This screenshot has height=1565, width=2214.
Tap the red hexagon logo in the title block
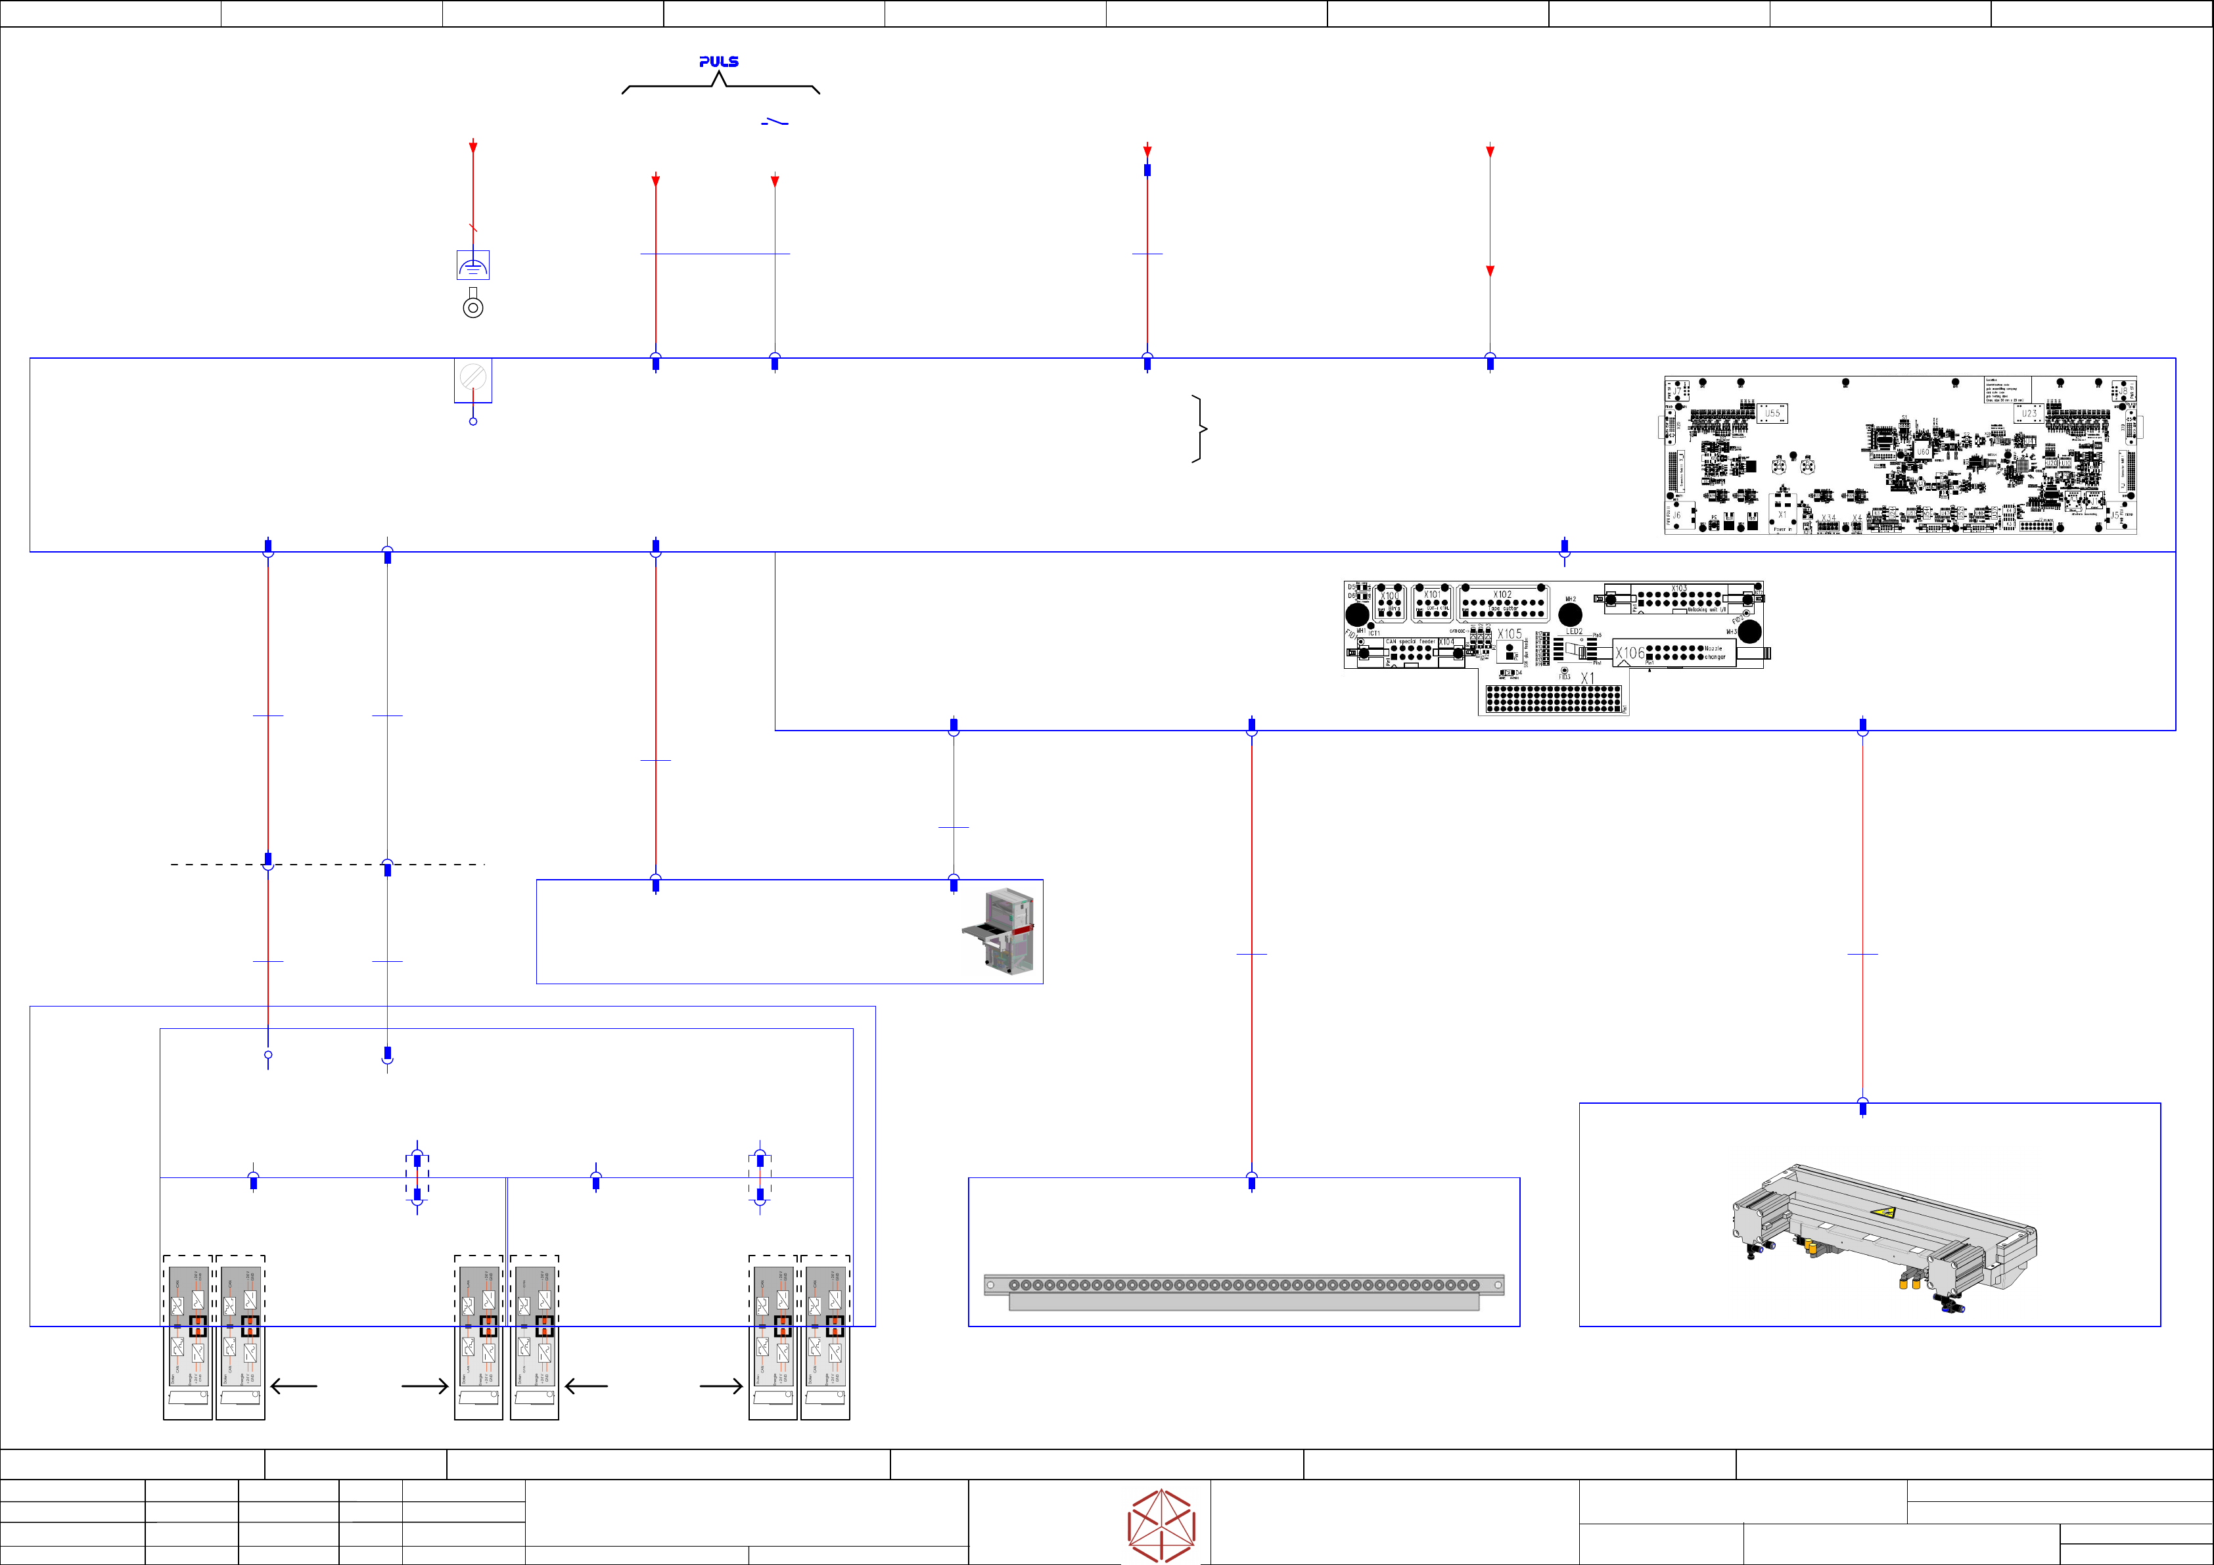pyautogui.click(x=1161, y=1526)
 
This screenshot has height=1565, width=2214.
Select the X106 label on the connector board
pyautogui.click(x=1630, y=654)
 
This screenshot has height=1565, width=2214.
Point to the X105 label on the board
pyautogui.click(x=1509, y=635)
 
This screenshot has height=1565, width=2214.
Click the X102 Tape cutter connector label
pyautogui.click(x=1502, y=596)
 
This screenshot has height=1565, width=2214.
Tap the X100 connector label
pyautogui.click(x=1389, y=597)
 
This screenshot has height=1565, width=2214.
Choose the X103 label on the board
pyautogui.click(x=1679, y=588)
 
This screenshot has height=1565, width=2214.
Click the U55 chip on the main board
pyautogui.click(x=1772, y=414)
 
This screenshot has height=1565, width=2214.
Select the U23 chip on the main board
pyautogui.click(x=2029, y=414)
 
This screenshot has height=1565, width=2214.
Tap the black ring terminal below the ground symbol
pyautogui.click(x=473, y=307)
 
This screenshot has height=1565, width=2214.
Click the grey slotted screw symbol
pyautogui.click(x=473, y=376)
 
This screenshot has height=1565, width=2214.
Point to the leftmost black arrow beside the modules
pyautogui.click(x=294, y=1386)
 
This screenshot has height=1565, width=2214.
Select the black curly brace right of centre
pyautogui.click(x=1199, y=428)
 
